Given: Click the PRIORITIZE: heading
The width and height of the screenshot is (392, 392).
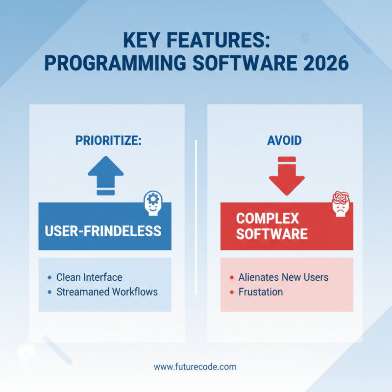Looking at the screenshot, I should coord(108,141).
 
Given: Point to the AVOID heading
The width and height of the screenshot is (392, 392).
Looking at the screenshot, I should coord(284,141).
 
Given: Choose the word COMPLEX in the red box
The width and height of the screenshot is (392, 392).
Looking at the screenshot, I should coord(268,218).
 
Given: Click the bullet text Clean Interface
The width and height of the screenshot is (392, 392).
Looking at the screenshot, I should coord(89,277).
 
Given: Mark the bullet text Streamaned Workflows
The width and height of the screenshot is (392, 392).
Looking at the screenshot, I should coord(107,292).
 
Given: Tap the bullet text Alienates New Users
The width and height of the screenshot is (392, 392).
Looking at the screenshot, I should coord(283,277).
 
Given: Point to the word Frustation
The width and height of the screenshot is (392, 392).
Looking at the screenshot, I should coord(260,292).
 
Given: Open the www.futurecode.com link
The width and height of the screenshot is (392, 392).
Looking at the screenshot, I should coord(195,367).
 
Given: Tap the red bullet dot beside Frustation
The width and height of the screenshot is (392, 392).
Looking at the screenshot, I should coord(231,293).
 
